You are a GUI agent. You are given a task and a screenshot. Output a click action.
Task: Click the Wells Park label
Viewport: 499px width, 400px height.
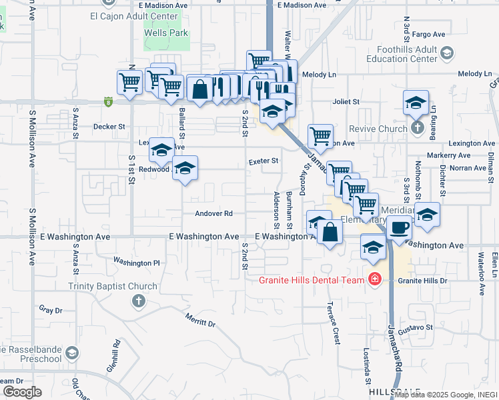coord(167,33)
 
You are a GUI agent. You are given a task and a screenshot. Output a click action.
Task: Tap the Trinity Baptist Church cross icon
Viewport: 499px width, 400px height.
coord(139,301)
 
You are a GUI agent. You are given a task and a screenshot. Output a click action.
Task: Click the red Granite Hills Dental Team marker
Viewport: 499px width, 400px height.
coord(374,279)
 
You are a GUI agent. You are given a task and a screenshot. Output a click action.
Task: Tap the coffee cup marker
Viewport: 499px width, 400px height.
coord(399,227)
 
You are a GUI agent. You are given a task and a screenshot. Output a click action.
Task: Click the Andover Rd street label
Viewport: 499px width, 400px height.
coord(214,214)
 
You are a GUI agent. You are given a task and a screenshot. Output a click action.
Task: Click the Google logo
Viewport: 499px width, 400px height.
coord(22,392)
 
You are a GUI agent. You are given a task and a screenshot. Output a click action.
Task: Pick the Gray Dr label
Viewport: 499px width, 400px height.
coord(51,310)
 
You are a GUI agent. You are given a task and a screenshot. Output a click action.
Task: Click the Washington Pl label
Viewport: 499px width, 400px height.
coord(137,263)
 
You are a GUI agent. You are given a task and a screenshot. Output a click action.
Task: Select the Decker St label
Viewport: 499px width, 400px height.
coord(109,126)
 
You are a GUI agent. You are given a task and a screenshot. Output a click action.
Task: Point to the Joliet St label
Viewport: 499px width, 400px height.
coord(346,102)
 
